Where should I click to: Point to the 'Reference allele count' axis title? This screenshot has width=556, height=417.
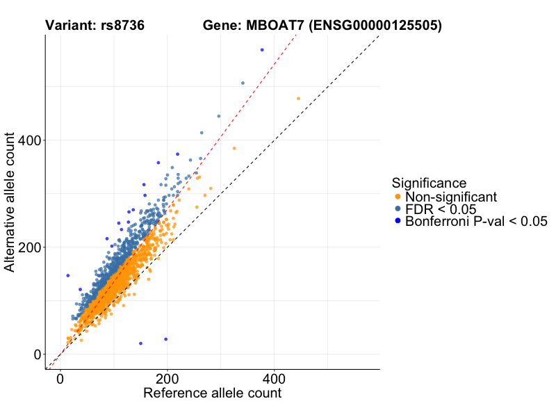click(212, 393)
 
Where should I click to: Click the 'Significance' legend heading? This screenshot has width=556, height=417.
click(429, 183)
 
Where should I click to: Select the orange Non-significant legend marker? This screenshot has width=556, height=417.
click(398, 197)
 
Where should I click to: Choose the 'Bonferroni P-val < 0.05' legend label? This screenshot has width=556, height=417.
click(476, 222)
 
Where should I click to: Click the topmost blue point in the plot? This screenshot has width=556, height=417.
click(262, 50)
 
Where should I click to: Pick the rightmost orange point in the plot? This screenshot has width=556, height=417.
click(299, 99)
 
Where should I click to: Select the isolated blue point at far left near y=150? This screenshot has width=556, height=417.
click(68, 275)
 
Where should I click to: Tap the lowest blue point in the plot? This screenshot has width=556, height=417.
click(141, 343)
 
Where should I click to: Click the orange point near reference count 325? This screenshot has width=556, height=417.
click(234, 148)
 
